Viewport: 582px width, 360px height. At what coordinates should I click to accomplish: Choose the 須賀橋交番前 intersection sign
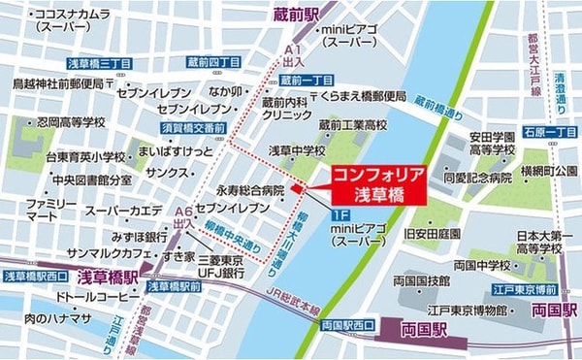[x=194, y=128]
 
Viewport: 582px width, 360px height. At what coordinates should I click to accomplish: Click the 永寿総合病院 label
[x=251, y=191]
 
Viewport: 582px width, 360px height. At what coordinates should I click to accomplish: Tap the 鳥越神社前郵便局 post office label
[x=62, y=83]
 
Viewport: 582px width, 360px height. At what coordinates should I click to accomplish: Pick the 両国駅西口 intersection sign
[x=346, y=325]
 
